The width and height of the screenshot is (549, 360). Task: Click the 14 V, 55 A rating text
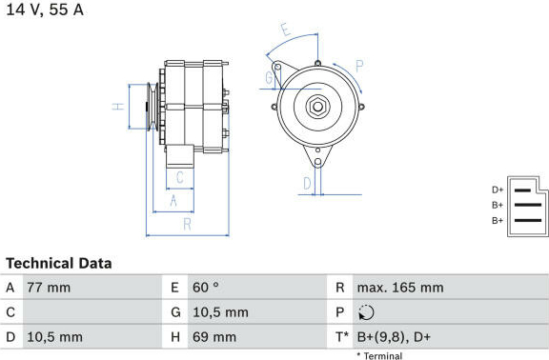[x=45, y=10]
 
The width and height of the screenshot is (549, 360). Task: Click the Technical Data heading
[x=59, y=264]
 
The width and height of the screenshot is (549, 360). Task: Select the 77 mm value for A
[x=49, y=288]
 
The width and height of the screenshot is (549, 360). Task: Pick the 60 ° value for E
[x=206, y=288]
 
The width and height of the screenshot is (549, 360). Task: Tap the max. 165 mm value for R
[x=400, y=288]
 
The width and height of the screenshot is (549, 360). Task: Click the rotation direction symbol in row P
[x=366, y=312]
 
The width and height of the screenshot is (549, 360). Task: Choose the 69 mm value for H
[x=214, y=337]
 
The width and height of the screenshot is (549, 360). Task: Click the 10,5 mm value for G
[x=220, y=312]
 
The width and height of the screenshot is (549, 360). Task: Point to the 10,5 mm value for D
[x=55, y=337]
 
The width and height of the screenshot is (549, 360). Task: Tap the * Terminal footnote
[x=379, y=356]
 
